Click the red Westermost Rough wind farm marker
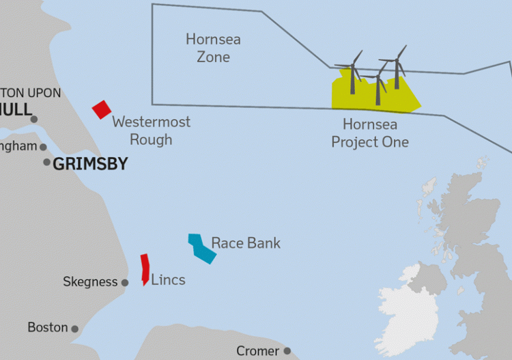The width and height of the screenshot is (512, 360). (102, 109)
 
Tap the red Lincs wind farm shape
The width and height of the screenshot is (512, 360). (145, 268)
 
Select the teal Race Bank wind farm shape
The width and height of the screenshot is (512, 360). (202, 248)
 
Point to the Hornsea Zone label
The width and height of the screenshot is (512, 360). (213, 48)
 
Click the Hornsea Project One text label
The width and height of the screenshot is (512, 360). (370, 133)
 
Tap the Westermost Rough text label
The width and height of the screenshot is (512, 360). (152, 130)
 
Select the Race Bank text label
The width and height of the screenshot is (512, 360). (246, 243)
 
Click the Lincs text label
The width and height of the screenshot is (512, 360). (168, 280)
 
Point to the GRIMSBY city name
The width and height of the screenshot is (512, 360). (90, 164)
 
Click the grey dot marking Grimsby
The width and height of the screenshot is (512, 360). (47, 163)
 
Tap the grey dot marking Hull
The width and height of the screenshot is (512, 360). (34, 119)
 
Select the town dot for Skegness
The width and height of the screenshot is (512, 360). (125, 283)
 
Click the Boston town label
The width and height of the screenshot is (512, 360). (48, 328)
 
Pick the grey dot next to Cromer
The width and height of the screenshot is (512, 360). (287, 351)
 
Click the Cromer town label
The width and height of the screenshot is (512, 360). (257, 351)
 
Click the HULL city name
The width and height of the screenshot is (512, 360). (15, 109)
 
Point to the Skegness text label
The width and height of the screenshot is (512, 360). (89, 281)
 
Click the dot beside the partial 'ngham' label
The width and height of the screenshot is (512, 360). (43, 147)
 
